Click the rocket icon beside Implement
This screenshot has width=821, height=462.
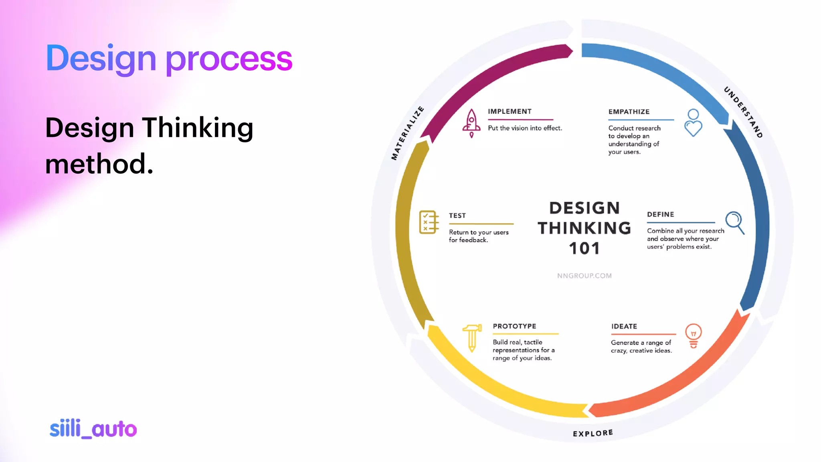click(471, 123)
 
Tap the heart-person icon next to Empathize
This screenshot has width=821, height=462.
click(693, 123)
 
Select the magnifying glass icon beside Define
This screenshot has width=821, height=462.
click(735, 223)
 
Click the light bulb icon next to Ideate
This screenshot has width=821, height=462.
click(694, 336)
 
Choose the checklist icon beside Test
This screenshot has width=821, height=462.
click(429, 222)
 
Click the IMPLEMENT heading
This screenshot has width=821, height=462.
click(510, 111)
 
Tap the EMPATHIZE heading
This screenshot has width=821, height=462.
click(629, 112)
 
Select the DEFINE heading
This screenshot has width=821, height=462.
click(660, 215)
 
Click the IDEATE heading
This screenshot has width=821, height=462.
click(624, 326)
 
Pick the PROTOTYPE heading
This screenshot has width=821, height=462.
click(514, 326)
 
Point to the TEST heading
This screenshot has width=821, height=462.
click(457, 216)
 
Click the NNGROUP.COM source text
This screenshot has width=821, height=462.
click(584, 276)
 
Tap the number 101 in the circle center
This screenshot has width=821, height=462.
click(584, 249)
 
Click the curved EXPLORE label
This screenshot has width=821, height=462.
click(592, 433)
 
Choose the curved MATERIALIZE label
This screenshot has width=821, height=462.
click(407, 133)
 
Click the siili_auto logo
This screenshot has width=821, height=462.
click(93, 429)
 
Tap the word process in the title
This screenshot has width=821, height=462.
click(229, 59)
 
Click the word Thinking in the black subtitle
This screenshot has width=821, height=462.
click(198, 128)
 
